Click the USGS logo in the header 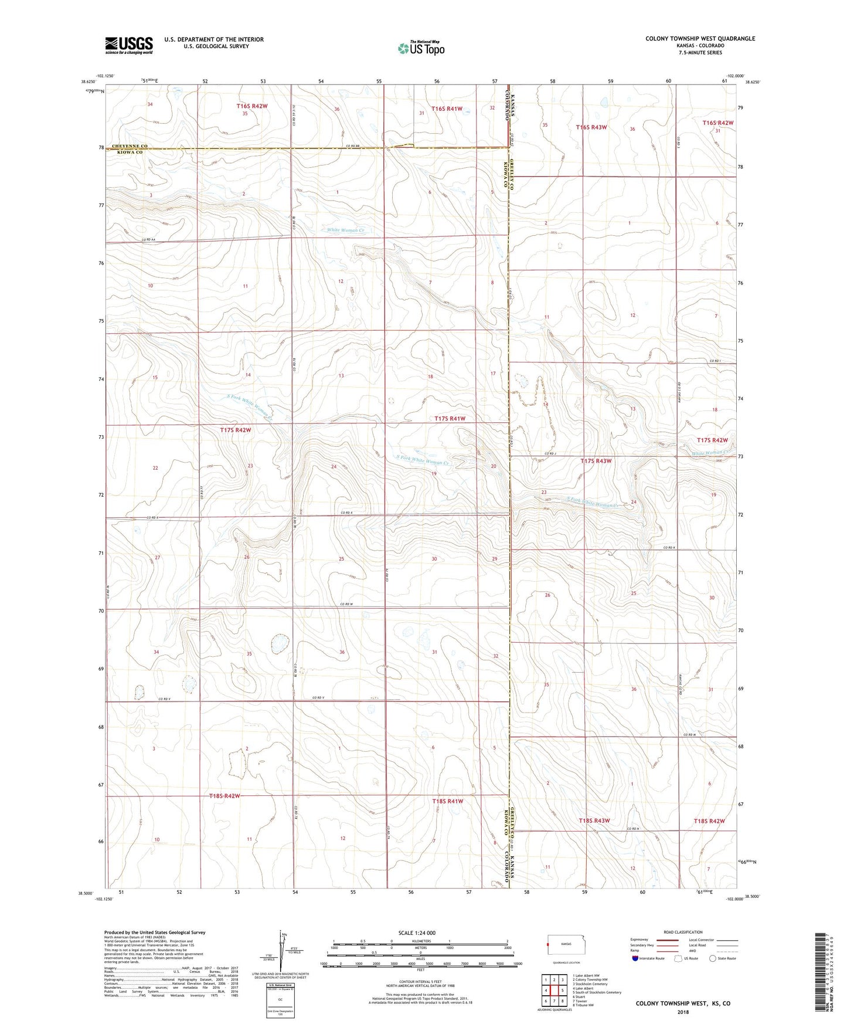click(129, 45)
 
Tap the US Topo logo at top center click(421, 48)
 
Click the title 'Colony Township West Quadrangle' click(700, 39)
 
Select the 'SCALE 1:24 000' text click(416, 933)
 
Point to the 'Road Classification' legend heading click(683, 932)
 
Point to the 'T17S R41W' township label click(450, 418)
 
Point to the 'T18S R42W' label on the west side click(224, 796)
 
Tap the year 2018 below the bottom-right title click(683, 1012)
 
